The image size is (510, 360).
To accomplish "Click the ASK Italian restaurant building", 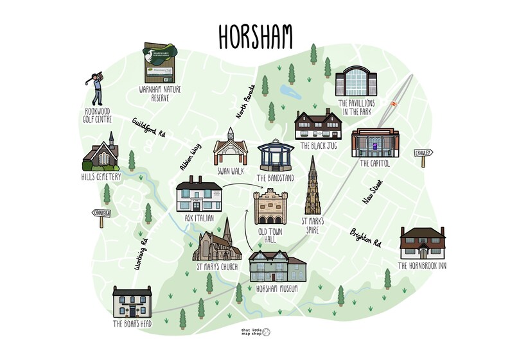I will pos(199,196).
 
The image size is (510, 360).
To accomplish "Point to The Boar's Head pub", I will pos(132,302).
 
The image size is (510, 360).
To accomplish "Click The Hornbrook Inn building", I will pos(421,242).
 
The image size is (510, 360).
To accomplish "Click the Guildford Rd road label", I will pos(149,127).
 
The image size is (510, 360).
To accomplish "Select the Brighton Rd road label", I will pos(365,237).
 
